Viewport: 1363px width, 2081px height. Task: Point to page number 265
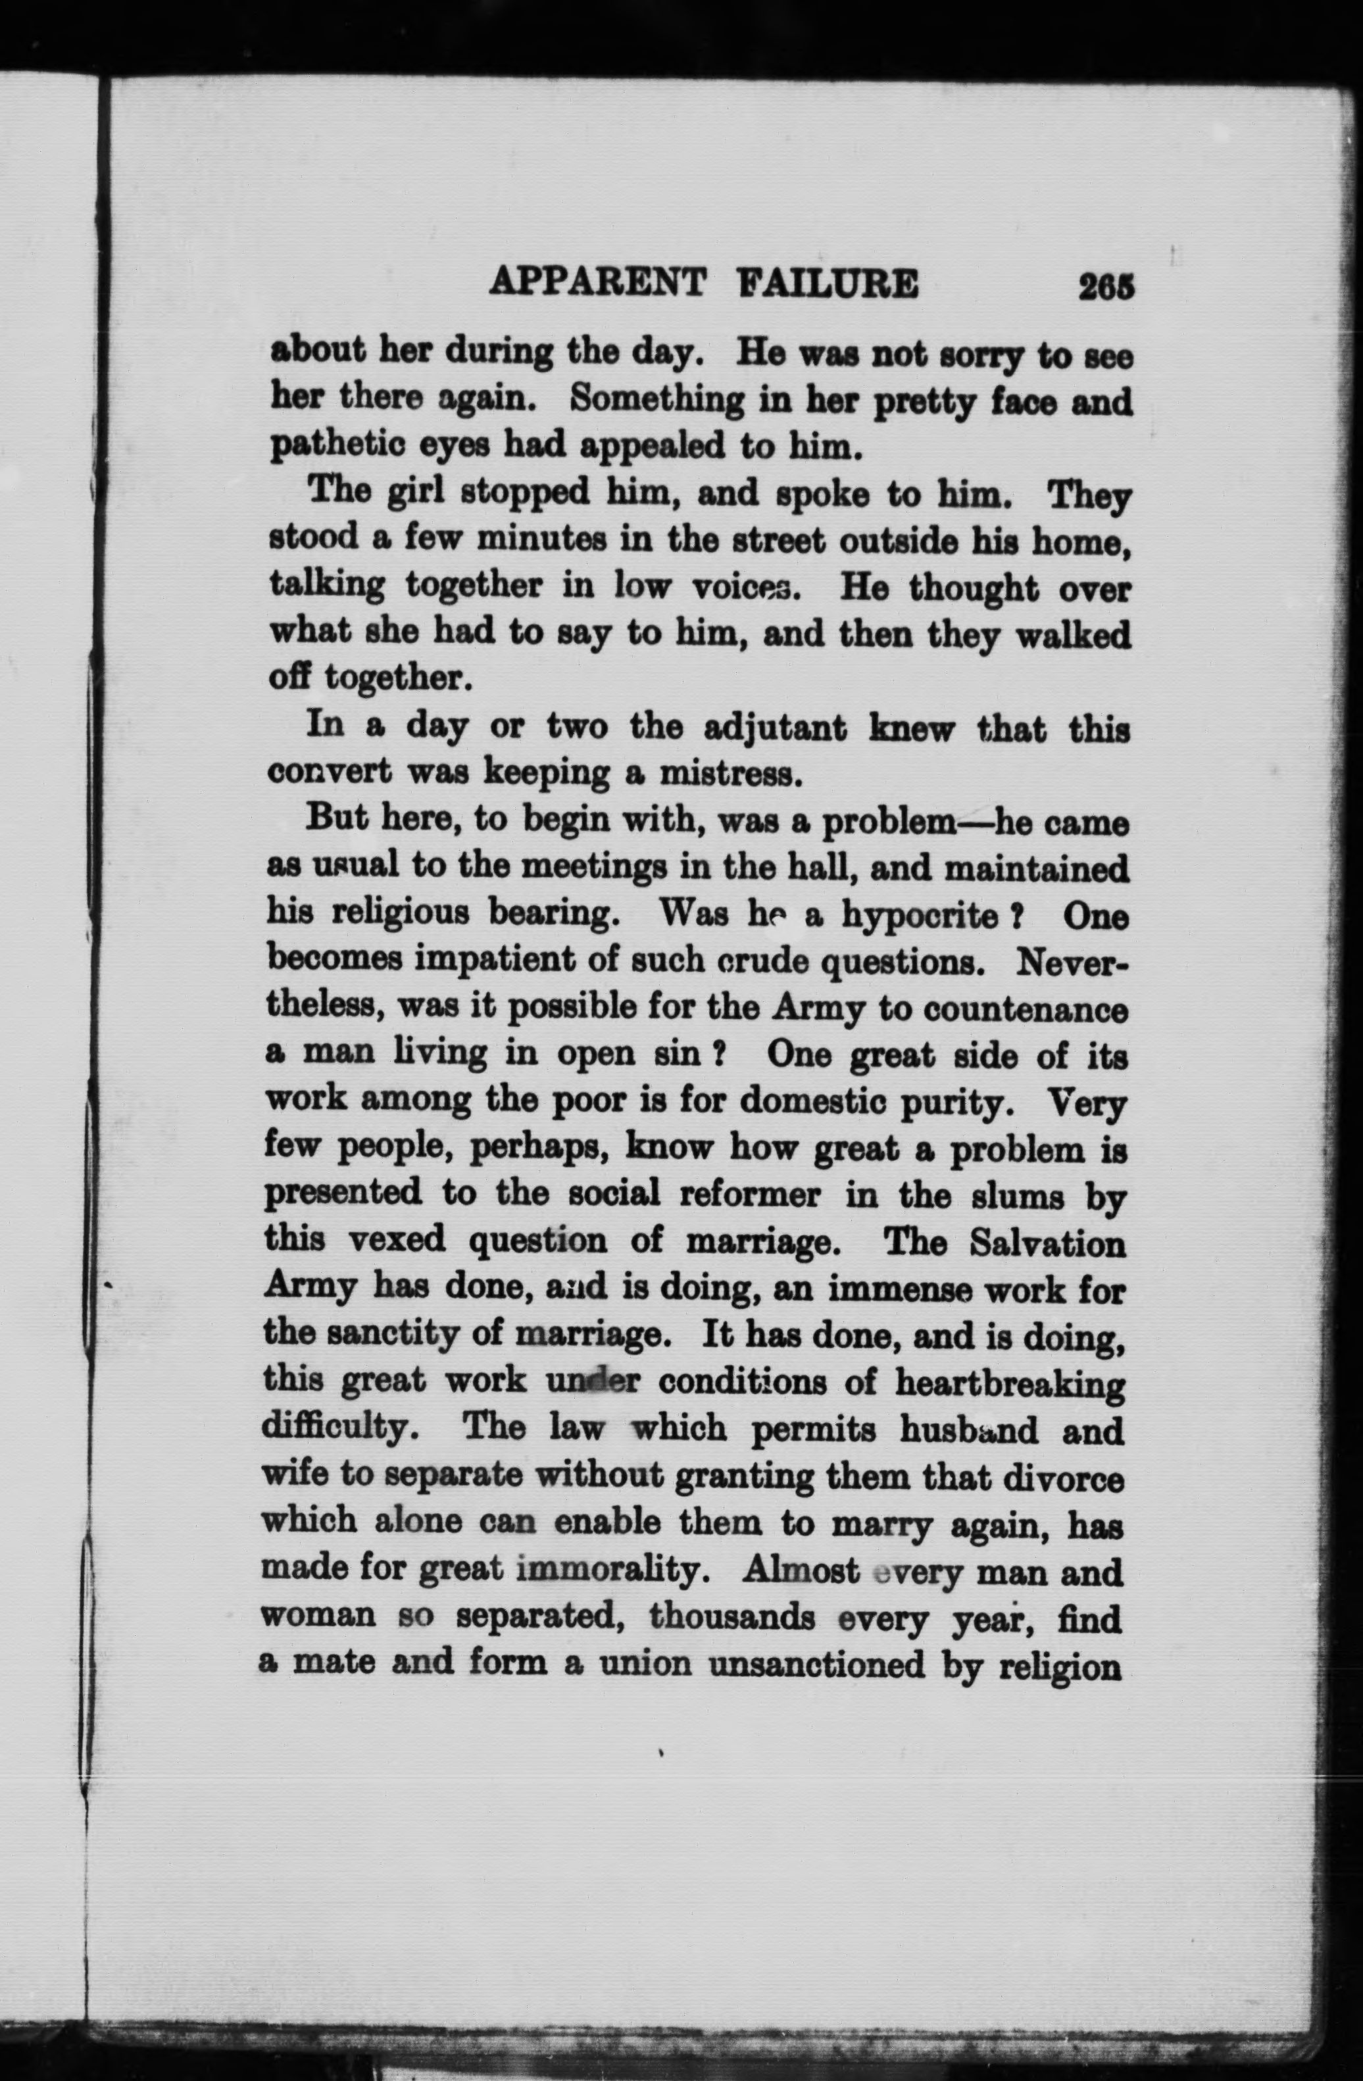point(1106,287)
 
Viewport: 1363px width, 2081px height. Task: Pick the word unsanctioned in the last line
point(816,1664)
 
